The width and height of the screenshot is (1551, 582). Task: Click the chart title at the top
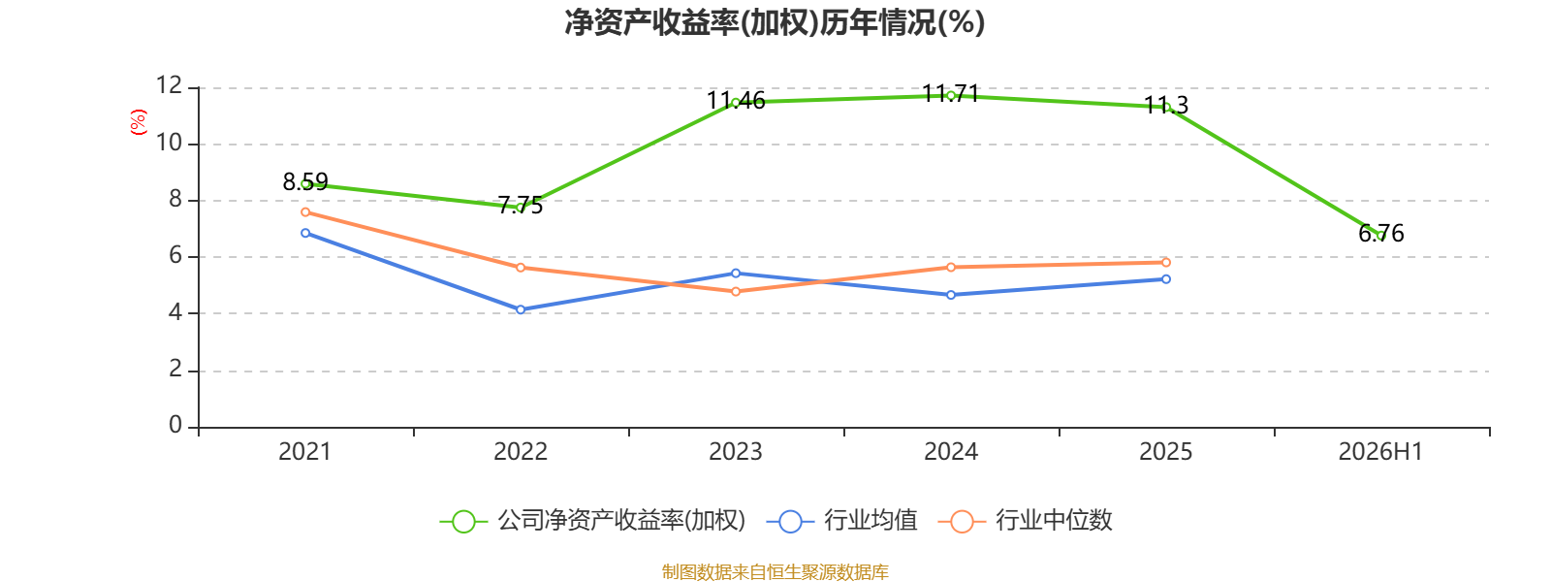[775, 23]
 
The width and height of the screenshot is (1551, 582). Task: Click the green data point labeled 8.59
[305, 184]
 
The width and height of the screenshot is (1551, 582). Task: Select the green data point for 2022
[520, 208]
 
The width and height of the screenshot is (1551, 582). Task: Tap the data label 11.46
[736, 101]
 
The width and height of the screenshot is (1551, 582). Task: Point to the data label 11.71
[951, 93]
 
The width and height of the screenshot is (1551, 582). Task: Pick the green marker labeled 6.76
[1380, 236]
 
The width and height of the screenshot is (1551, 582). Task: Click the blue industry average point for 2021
[305, 234]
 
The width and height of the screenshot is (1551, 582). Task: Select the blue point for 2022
[520, 309]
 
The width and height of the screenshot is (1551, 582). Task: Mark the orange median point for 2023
[736, 292]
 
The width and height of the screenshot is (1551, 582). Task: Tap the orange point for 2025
[1166, 263]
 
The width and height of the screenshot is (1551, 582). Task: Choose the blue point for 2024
[951, 295]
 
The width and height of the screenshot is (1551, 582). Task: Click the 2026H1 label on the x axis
[1380, 452]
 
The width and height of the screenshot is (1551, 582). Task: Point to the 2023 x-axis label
[736, 452]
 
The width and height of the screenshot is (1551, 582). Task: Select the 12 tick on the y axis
[169, 86]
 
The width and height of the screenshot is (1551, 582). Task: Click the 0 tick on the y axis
[175, 425]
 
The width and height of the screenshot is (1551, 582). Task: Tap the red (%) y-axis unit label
[139, 122]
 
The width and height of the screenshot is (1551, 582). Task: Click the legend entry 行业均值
[842, 520]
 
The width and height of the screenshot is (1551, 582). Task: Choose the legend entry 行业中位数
[1025, 520]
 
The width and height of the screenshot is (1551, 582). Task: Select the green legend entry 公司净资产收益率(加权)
[592, 520]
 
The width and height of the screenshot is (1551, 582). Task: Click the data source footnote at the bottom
[775, 572]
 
